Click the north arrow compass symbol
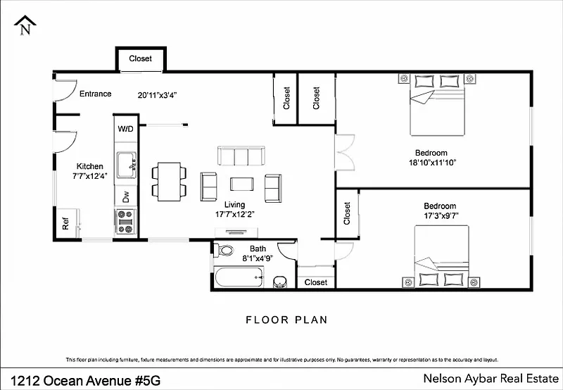(25, 25)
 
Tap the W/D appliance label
(125, 129)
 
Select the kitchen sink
(127, 165)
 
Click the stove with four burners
(125, 222)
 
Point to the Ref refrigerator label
(65, 224)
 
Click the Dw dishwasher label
(126, 196)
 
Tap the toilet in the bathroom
(223, 250)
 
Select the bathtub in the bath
(239, 277)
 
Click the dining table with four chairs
(169, 182)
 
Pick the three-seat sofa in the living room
(241, 156)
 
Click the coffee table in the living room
(241, 184)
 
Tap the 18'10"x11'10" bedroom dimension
(432, 163)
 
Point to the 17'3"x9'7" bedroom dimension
(441, 216)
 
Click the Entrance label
(96, 94)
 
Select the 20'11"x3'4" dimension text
(158, 96)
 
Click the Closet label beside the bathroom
(316, 282)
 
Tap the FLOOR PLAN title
(286, 320)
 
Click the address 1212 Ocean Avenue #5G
(85, 380)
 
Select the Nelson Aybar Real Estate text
(491, 379)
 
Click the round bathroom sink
(279, 282)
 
